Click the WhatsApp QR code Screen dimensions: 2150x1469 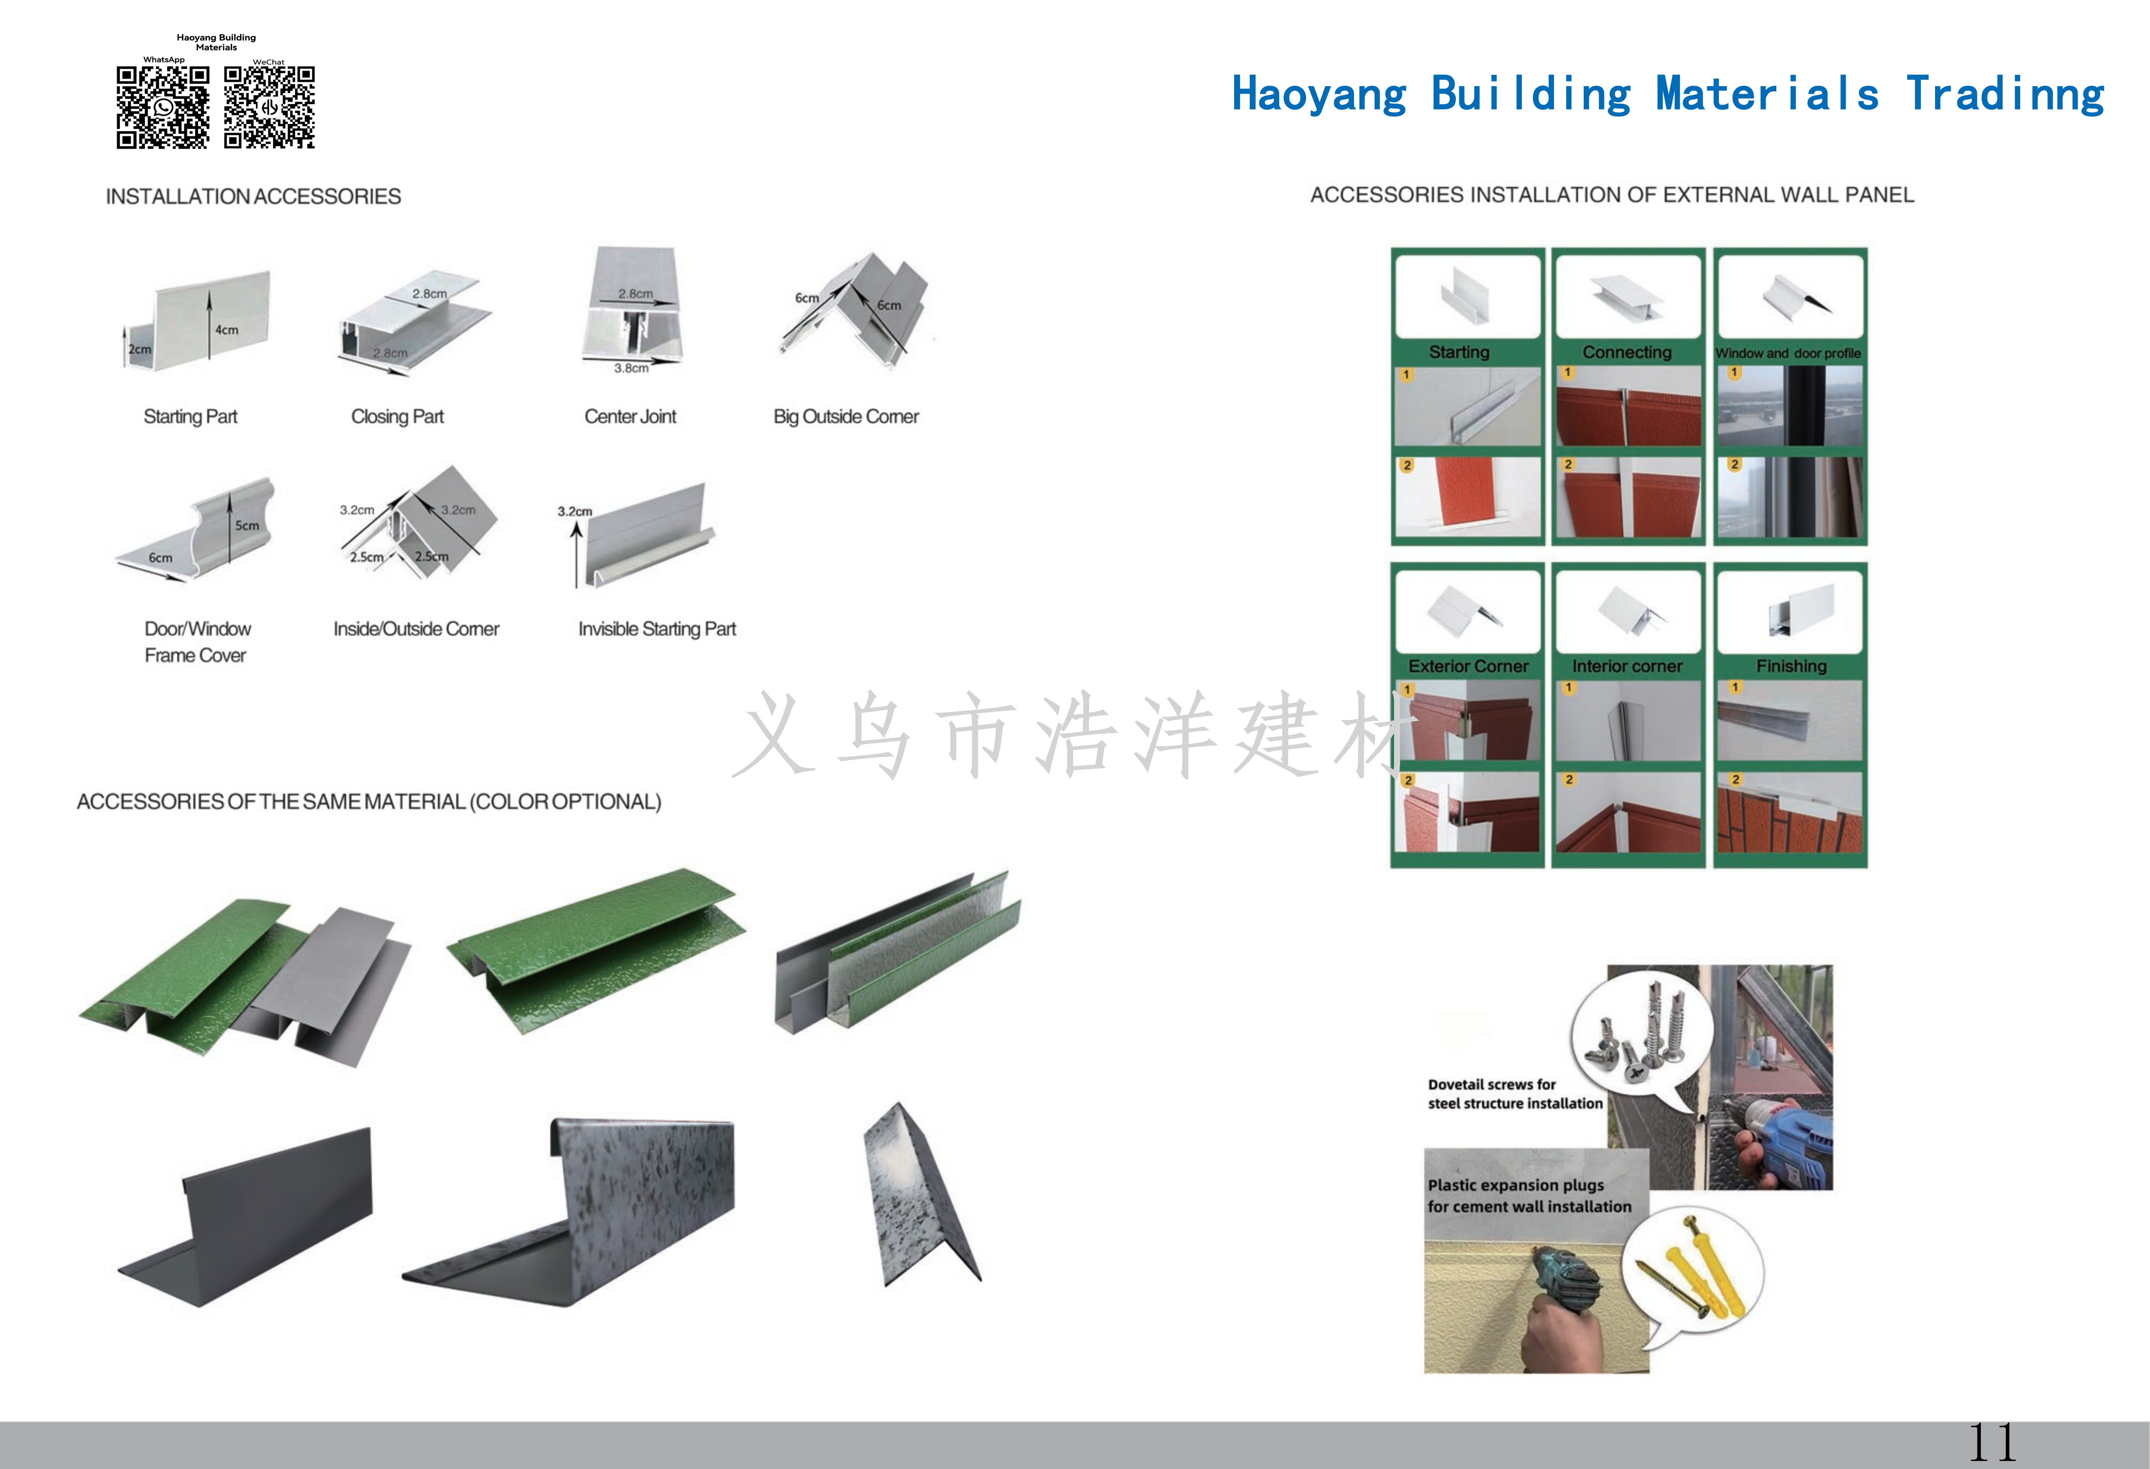pos(163,107)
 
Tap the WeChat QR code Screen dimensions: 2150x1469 pos(269,107)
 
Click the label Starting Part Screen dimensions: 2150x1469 pos(191,416)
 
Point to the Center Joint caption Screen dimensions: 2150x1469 pos(630,416)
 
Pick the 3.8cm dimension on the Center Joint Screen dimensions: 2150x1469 pos(632,368)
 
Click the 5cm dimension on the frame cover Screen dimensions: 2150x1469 pos(247,526)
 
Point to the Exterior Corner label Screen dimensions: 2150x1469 pos(1468,666)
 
